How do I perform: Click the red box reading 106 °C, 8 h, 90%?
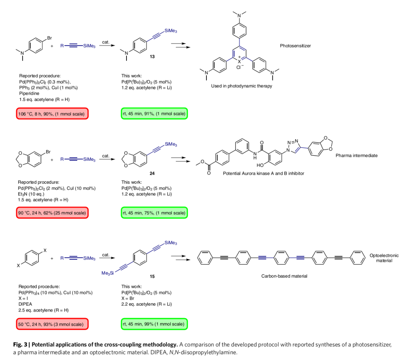52,114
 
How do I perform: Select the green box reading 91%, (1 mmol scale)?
154,114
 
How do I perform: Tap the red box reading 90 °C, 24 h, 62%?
52,213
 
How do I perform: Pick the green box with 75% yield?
154,213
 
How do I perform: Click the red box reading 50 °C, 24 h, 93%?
52,324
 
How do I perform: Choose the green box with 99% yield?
154,324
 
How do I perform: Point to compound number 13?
152,57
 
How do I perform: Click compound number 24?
152,174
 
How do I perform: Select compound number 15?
152,277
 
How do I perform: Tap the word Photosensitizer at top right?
295,46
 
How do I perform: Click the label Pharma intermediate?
357,155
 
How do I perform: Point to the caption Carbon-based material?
284,276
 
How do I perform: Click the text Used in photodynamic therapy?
241,86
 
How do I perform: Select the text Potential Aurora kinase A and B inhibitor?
263,173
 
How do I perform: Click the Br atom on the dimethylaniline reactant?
49,38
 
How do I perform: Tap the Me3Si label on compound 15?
107,273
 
